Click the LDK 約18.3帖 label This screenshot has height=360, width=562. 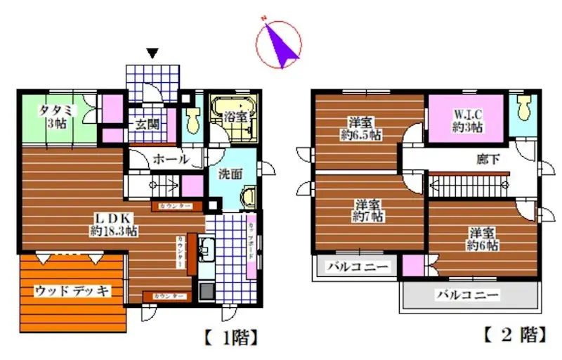(112, 224)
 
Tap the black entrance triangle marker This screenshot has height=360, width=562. (153, 53)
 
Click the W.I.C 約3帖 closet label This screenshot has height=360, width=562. (467, 120)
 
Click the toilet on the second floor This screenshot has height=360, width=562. (523, 110)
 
